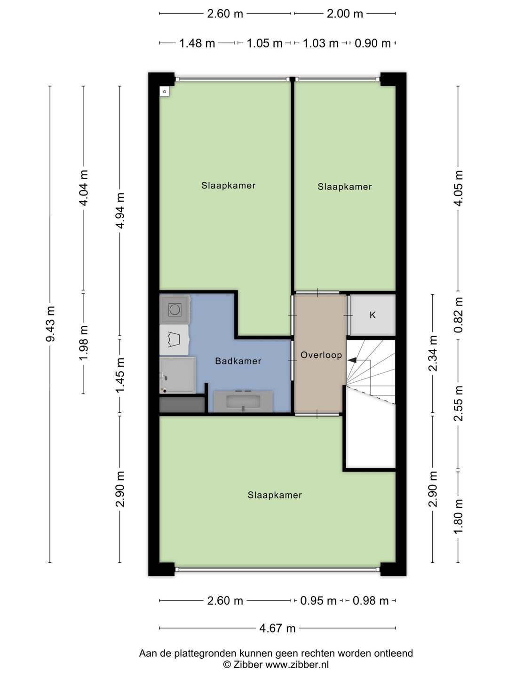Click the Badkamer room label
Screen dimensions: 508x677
click(x=238, y=361)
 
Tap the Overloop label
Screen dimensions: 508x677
click(x=321, y=355)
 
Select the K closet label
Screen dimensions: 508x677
click(x=373, y=315)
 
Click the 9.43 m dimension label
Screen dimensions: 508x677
click(x=50, y=324)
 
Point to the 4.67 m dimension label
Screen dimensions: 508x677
click(x=278, y=628)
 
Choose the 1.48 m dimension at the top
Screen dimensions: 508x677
click(x=197, y=43)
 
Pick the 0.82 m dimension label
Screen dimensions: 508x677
click(x=458, y=315)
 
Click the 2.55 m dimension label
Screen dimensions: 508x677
click(x=458, y=403)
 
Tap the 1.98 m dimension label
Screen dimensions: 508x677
click(x=84, y=342)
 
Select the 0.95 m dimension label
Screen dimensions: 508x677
click(x=318, y=600)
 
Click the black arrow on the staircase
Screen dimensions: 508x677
click(x=352, y=360)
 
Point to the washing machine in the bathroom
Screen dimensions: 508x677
click(x=175, y=309)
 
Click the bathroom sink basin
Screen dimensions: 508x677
click(x=243, y=401)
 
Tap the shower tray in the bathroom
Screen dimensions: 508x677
click(x=177, y=375)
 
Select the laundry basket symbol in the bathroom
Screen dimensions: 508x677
click(x=174, y=339)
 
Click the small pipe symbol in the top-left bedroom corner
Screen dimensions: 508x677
click(x=165, y=92)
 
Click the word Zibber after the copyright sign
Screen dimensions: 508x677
click(x=248, y=664)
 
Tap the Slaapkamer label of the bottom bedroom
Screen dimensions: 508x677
click(x=275, y=495)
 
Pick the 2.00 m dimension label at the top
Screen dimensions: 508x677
click(x=344, y=14)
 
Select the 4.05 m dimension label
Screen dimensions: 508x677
click(x=458, y=188)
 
